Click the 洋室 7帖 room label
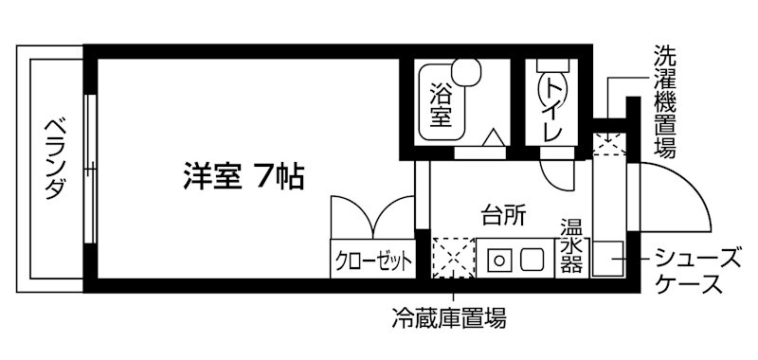pos(243,176)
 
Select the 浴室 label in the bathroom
pos(440,105)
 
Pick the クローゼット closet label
pos(372,260)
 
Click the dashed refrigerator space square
pos(450,258)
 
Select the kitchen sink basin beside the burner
pos(532,258)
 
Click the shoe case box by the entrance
pos(607,259)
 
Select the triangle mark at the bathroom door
pos(495,140)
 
